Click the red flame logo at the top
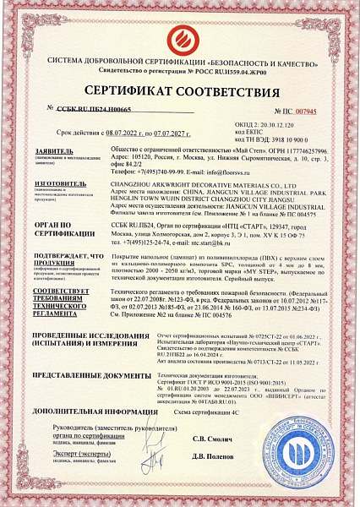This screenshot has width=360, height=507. point(180,38)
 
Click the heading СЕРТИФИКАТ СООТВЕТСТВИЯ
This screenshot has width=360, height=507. point(180,92)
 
